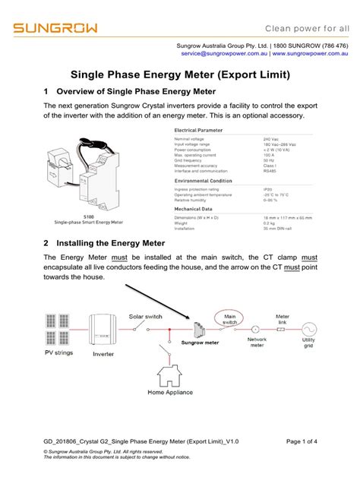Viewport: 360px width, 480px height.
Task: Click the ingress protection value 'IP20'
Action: click(267, 190)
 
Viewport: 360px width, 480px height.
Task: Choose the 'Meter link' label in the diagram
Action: click(283, 318)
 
